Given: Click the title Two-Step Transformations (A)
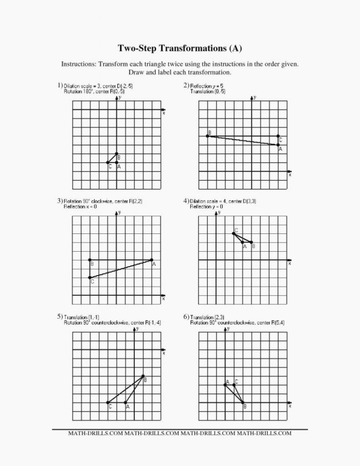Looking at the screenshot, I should click(180, 48).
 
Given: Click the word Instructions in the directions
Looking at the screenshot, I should click(77, 64).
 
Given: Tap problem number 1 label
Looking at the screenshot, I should click(60, 85).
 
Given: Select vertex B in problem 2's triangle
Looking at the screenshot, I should click(207, 136).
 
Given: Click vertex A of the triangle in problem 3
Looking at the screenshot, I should click(151, 260).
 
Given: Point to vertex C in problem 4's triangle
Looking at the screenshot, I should click(234, 233).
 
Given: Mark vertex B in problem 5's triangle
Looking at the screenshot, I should click(143, 376).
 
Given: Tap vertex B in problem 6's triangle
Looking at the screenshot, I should click(243, 403).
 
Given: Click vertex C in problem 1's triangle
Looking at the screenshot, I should click(108, 162).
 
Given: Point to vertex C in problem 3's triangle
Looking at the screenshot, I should click(90, 277).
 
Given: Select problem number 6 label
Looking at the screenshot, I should click(186, 317).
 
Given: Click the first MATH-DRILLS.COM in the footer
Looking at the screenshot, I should click(96, 433).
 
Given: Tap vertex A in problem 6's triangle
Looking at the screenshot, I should click(225, 385).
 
